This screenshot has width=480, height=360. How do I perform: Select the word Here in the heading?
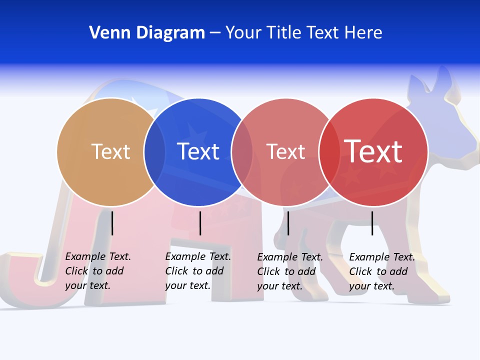pyautogui.click(x=363, y=33)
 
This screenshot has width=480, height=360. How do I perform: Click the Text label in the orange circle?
pyautogui.click(x=110, y=151)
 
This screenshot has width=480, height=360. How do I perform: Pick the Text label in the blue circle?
pyautogui.click(x=198, y=151)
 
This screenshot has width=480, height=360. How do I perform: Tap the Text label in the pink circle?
pyautogui.click(x=285, y=152)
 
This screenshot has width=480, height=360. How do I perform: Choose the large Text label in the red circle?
pyautogui.click(x=373, y=151)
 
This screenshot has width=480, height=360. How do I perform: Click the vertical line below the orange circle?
pyautogui.click(x=112, y=223)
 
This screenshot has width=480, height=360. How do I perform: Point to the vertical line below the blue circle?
pyautogui.click(x=200, y=223)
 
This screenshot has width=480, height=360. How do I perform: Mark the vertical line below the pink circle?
pyautogui.click(x=288, y=223)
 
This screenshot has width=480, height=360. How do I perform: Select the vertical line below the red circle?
pyautogui.click(x=372, y=223)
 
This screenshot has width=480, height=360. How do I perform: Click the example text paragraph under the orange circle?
pyautogui.click(x=97, y=271)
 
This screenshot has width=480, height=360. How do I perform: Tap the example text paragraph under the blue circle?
pyautogui.click(x=197, y=271)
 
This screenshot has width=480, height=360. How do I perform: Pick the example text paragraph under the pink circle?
pyautogui.click(x=289, y=271)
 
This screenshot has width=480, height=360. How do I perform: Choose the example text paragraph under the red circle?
pyautogui.click(x=381, y=271)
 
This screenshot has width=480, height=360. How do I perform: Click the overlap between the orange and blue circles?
pyautogui.click(x=154, y=152)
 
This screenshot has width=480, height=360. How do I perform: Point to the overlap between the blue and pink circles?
pyautogui.click(x=242, y=152)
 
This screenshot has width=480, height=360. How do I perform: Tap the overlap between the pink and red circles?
pyautogui.click(x=329, y=152)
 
